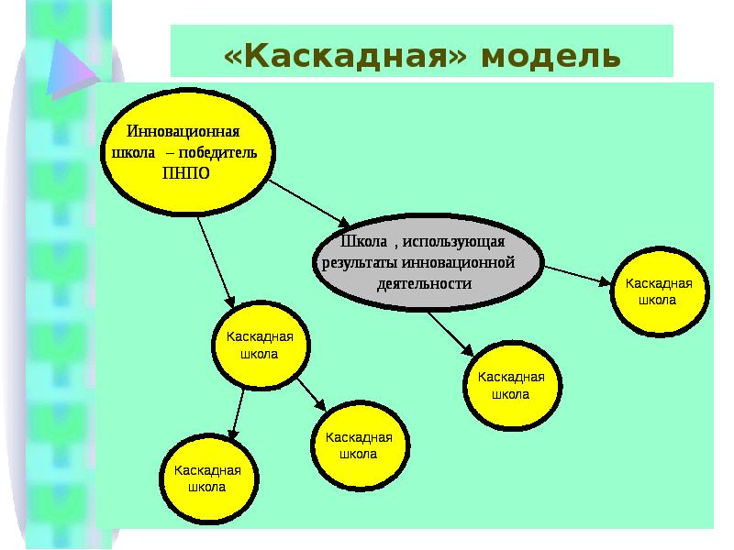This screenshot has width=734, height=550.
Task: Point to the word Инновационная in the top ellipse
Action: pyautogui.click(x=189, y=132)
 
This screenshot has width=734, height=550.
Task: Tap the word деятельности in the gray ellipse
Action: pyautogui.click(x=424, y=283)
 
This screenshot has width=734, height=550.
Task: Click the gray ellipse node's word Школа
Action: pyautogui.click(x=361, y=241)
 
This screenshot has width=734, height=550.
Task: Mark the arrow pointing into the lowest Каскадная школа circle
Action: pyautogui.click(x=238, y=412)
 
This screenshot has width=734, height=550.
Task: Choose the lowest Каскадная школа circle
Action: pyautogui.click(x=206, y=478)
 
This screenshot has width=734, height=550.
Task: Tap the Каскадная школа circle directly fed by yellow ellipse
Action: pyautogui.click(x=260, y=346)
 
